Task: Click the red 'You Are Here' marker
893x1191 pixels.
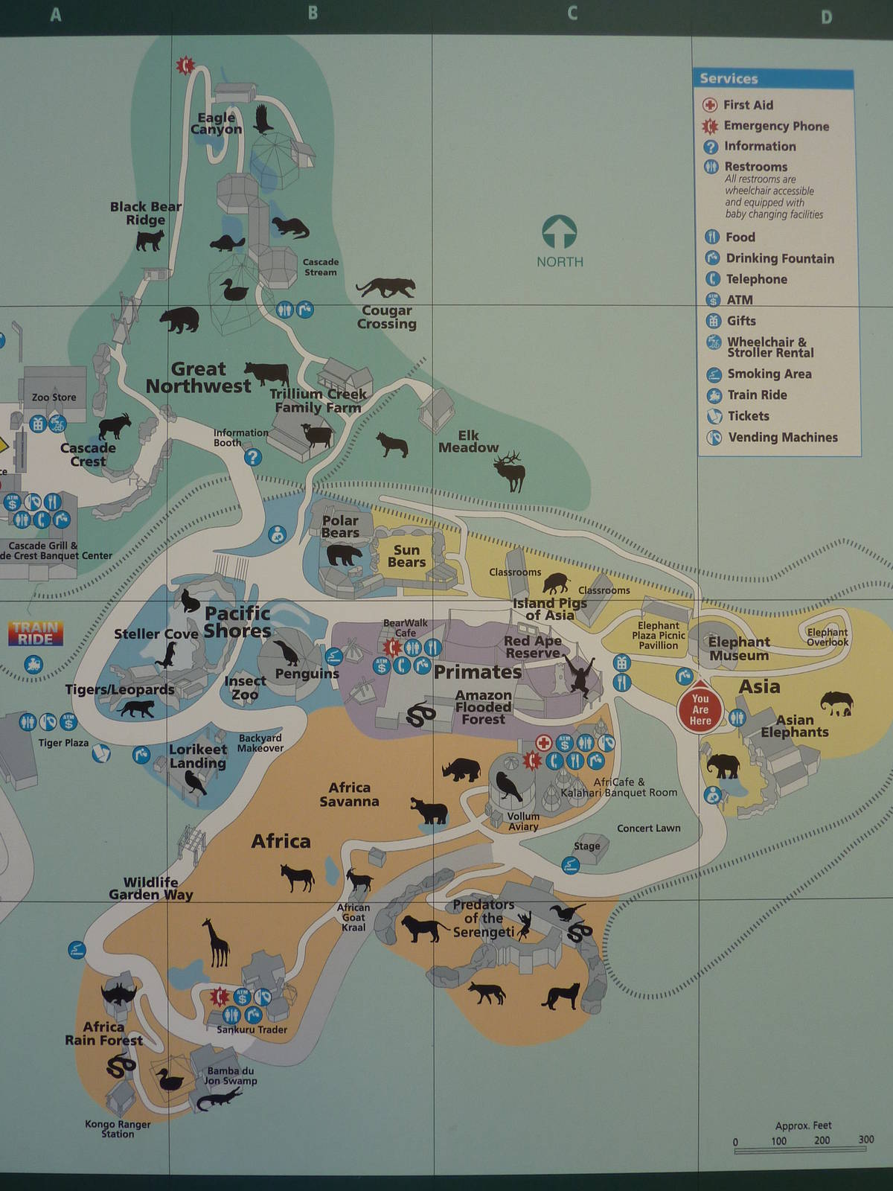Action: (x=700, y=708)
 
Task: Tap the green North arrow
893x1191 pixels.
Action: (x=560, y=232)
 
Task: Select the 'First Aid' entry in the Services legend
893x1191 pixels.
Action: (x=748, y=105)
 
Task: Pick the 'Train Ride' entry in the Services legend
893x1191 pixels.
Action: (x=756, y=395)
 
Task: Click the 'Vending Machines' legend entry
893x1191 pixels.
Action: (x=782, y=437)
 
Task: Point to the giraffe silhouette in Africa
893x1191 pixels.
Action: (x=217, y=942)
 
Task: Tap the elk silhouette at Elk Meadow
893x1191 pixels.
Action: (x=510, y=470)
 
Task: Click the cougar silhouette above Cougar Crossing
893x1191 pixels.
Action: (x=385, y=287)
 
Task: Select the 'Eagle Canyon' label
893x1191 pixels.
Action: (x=216, y=123)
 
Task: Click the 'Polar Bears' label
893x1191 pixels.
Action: (x=340, y=526)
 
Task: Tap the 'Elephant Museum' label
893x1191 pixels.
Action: (x=738, y=648)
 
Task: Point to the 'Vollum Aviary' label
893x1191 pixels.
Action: (x=523, y=821)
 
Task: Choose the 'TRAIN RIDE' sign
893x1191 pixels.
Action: (x=36, y=633)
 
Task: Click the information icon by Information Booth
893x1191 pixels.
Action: (x=253, y=456)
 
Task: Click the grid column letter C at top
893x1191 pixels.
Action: (x=572, y=13)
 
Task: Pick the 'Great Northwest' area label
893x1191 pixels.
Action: (x=198, y=377)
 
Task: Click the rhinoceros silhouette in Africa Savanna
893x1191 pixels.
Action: (x=461, y=769)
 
